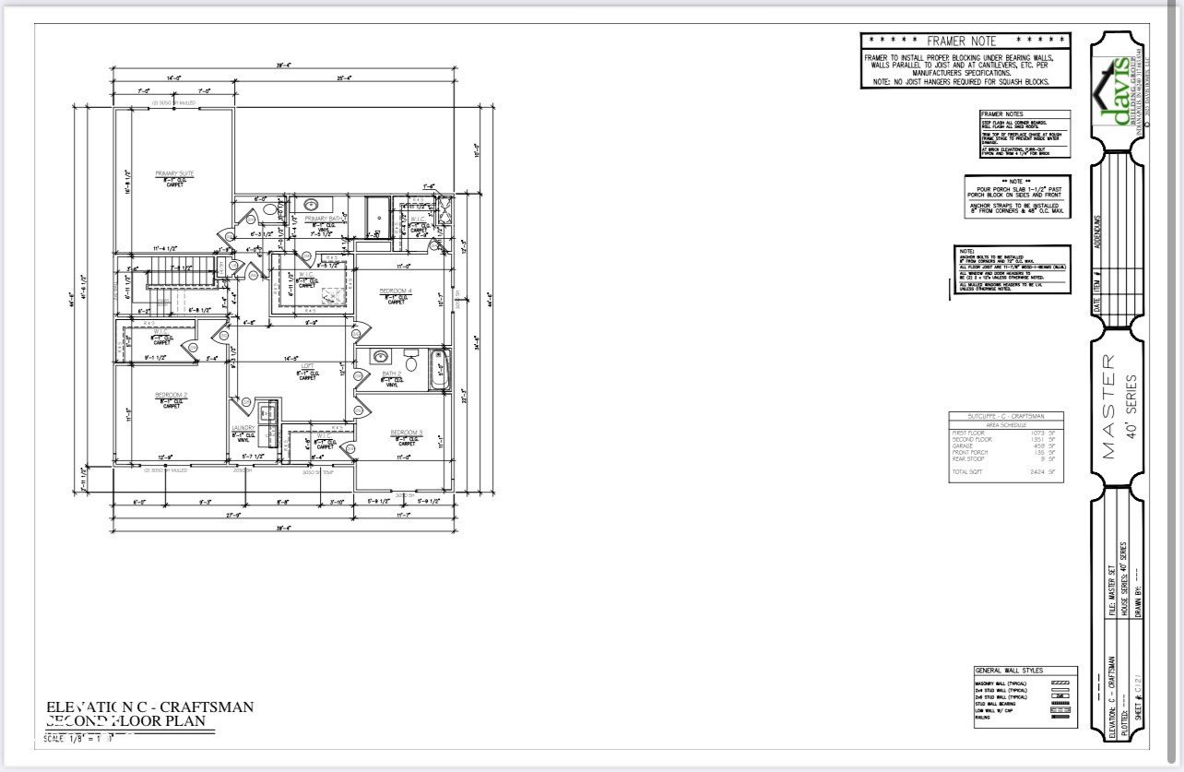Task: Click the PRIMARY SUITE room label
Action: (174, 172)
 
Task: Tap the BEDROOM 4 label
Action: (396, 291)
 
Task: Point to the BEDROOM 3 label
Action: (406, 433)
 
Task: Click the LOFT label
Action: (308, 366)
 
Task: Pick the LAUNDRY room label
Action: (243, 428)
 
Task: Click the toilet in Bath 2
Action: (410, 362)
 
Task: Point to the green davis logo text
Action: (1117, 92)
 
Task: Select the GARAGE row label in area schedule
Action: (965, 445)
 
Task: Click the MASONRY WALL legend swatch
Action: (1060, 682)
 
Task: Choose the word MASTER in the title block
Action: (1108, 406)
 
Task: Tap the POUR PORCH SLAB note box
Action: (1017, 196)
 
